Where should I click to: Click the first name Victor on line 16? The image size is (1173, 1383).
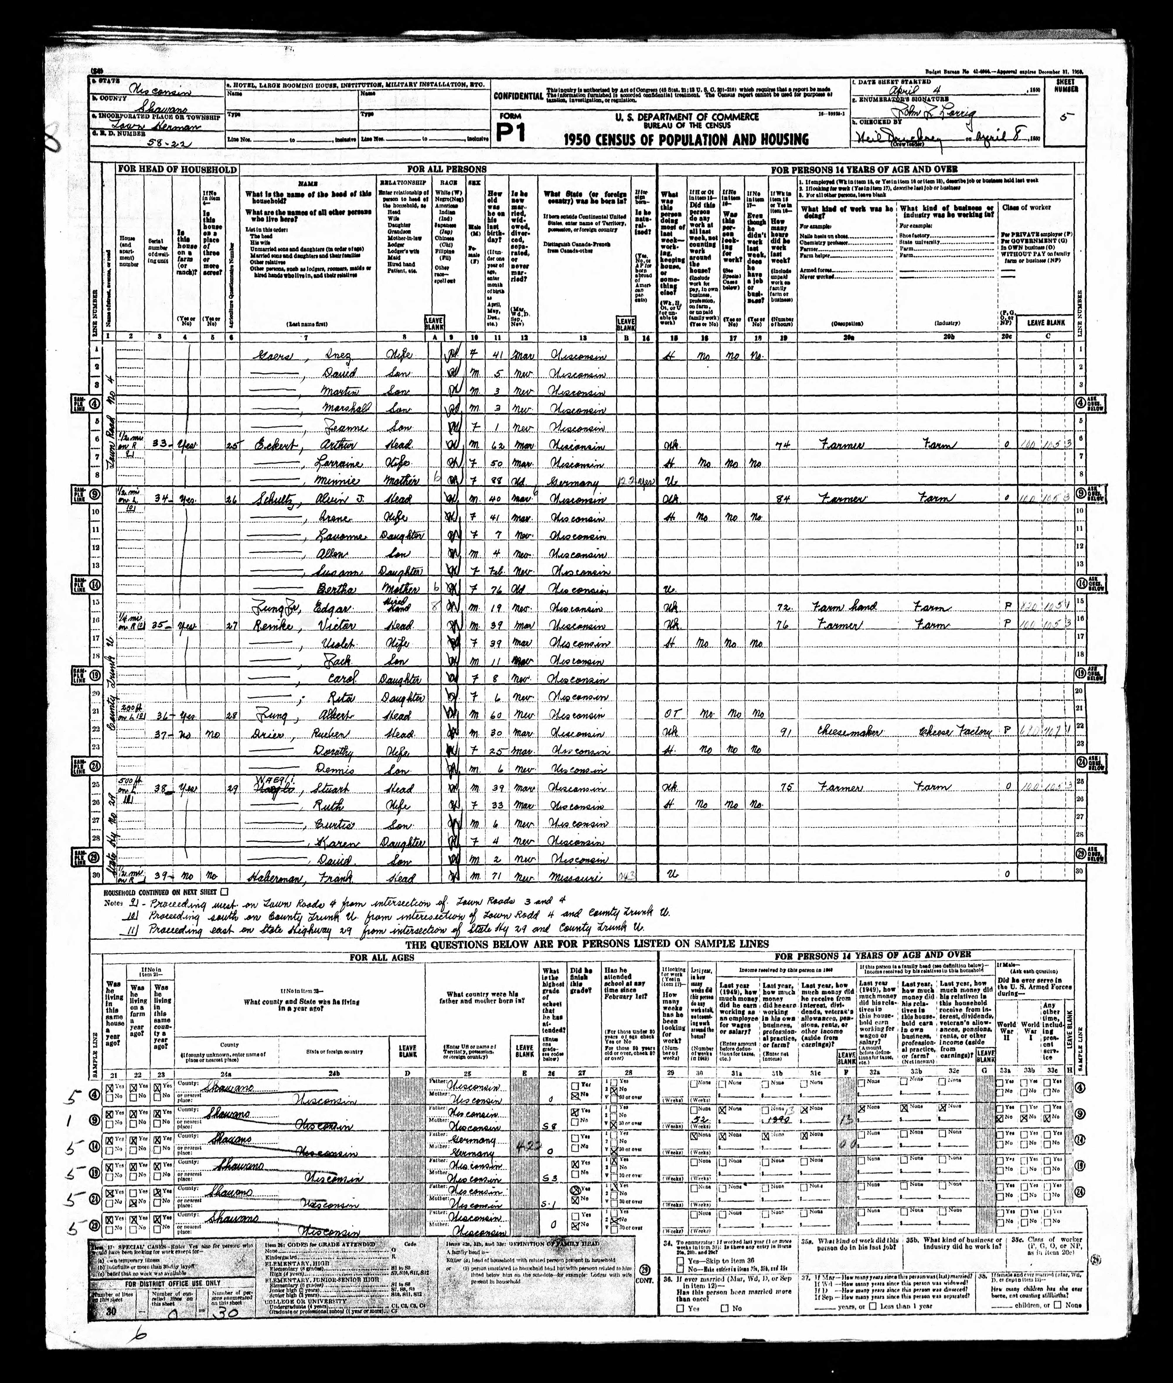coord(340,625)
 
